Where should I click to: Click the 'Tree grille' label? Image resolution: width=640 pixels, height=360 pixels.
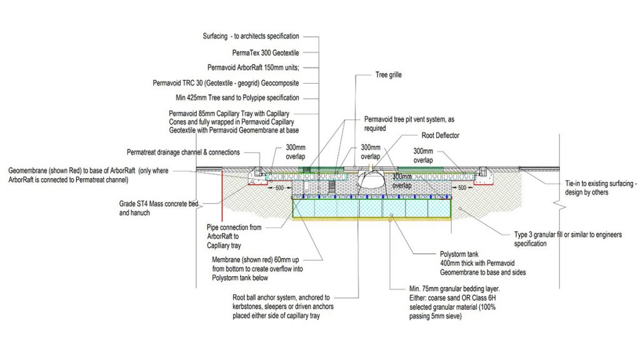(x=388, y=74)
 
